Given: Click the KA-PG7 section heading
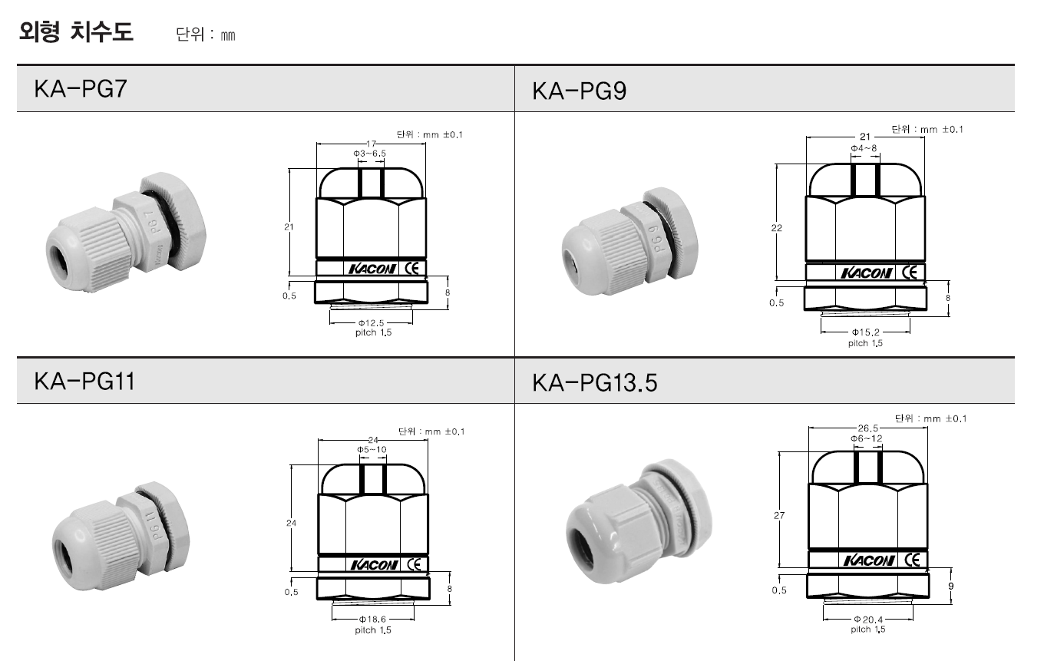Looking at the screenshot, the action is (80, 88).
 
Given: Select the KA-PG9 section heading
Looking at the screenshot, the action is (580, 91).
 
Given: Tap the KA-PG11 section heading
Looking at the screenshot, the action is (84, 381).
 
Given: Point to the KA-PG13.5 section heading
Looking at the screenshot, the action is (595, 383).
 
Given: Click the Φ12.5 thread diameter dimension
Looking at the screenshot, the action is (371, 322).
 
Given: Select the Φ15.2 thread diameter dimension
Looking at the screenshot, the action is (865, 332).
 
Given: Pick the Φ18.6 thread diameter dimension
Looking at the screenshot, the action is (372, 619).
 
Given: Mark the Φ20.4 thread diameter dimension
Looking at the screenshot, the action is (868, 620).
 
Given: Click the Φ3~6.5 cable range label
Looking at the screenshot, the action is (369, 154).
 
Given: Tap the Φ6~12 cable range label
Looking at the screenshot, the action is (867, 438).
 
